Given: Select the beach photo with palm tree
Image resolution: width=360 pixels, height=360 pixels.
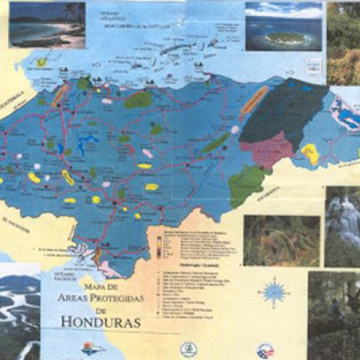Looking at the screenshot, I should [47, 23].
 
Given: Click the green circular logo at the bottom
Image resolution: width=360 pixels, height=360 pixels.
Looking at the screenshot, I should [188, 348].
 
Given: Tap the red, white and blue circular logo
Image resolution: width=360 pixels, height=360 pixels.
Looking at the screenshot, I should [265, 349].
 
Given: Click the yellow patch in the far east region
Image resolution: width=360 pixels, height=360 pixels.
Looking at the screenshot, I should [310, 154].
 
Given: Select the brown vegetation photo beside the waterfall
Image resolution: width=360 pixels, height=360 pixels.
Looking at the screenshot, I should [281, 239].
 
